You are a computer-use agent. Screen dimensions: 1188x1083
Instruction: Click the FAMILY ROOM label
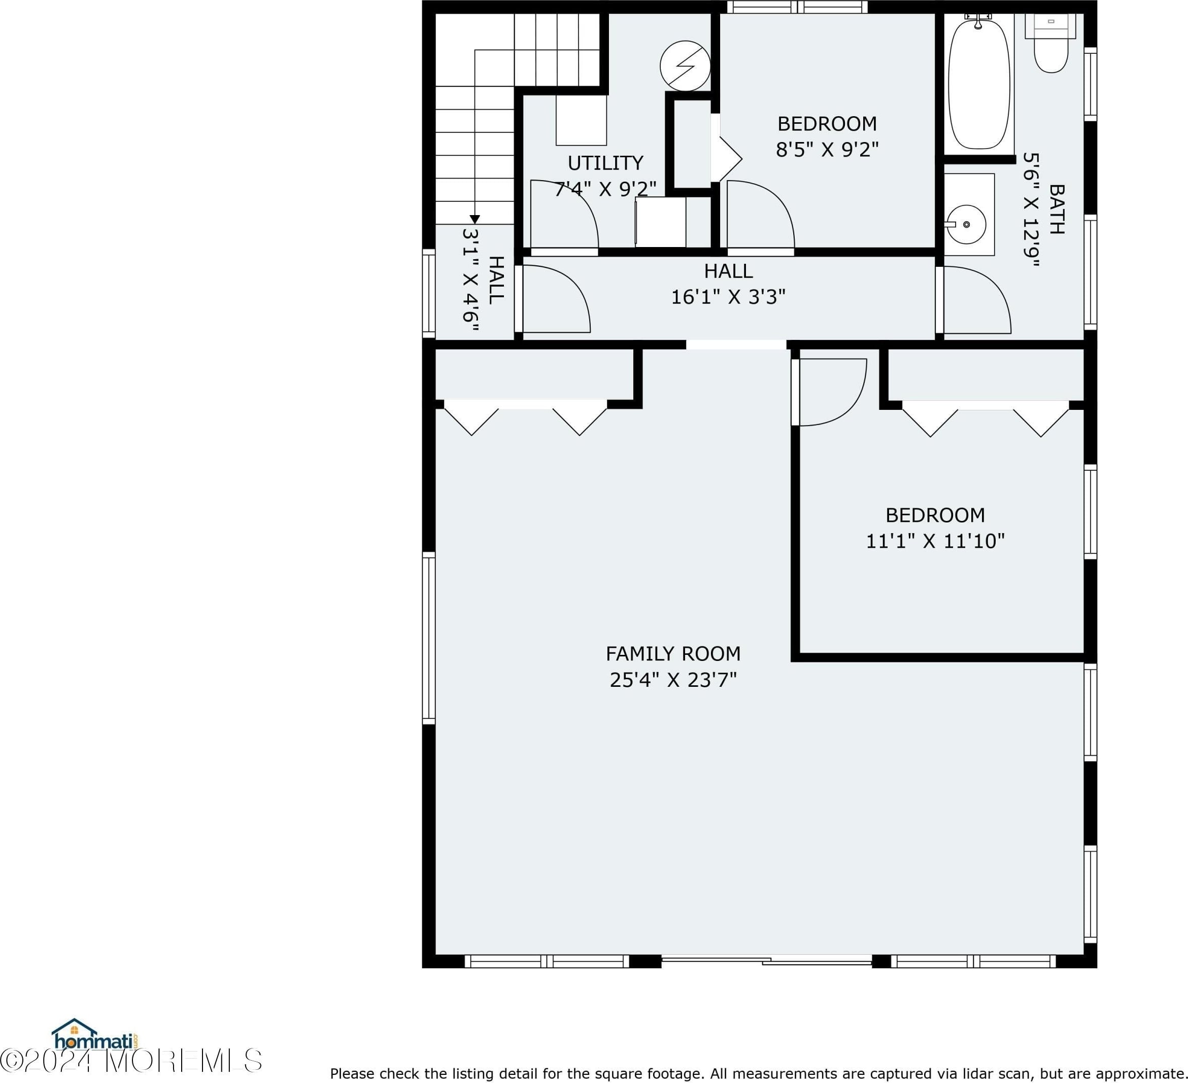(673, 654)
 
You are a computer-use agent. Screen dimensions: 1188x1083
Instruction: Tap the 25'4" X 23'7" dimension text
(673, 680)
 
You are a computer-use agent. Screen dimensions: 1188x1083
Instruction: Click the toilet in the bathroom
(1051, 44)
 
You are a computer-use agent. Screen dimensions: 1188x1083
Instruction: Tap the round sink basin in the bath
(966, 224)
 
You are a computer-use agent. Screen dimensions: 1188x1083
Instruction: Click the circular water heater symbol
(685, 65)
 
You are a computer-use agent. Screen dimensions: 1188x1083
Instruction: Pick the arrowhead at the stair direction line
(474, 219)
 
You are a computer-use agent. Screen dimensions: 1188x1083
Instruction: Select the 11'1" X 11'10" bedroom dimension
(935, 541)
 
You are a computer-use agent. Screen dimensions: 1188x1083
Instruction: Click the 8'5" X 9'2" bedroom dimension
(827, 150)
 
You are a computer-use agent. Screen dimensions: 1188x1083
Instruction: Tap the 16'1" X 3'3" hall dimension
(728, 297)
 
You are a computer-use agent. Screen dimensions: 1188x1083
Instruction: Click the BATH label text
(1057, 209)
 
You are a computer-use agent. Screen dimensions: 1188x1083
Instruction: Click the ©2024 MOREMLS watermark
(131, 1060)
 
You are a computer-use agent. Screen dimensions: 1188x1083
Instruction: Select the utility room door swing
(564, 215)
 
